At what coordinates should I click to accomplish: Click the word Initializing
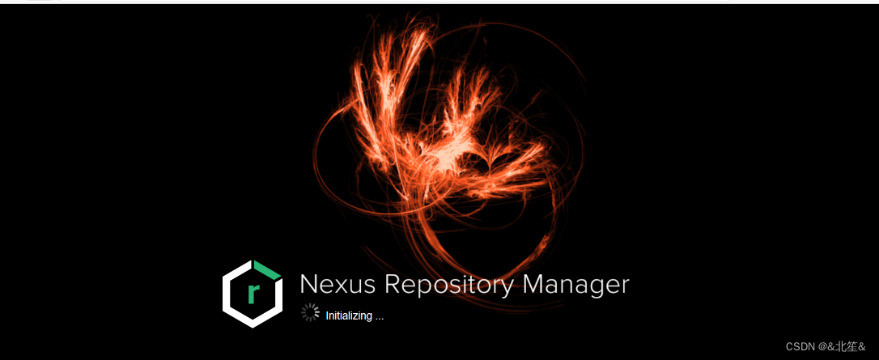point(349,316)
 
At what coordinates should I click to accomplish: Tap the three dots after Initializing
point(379,317)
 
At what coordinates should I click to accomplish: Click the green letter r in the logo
point(253,294)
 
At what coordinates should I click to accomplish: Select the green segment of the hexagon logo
point(268,270)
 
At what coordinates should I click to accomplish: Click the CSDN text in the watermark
point(800,346)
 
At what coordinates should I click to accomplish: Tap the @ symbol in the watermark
point(822,346)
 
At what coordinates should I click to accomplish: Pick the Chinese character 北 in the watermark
point(840,346)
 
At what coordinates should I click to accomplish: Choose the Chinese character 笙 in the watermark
point(853,346)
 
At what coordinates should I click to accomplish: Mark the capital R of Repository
point(393,285)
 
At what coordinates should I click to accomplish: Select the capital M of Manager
point(535,285)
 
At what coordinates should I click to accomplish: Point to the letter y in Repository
point(507,289)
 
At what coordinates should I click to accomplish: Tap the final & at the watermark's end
point(864,346)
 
